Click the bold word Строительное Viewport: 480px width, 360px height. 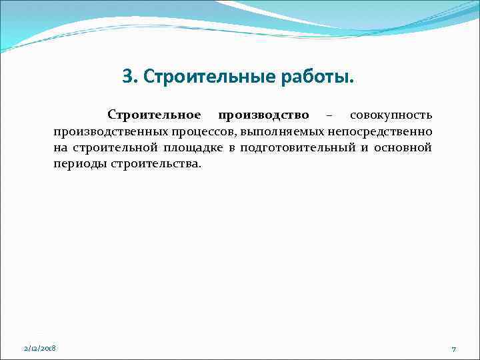coord(154,115)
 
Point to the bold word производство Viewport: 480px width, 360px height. coord(263,115)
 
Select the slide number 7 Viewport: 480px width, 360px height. coord(453,349)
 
